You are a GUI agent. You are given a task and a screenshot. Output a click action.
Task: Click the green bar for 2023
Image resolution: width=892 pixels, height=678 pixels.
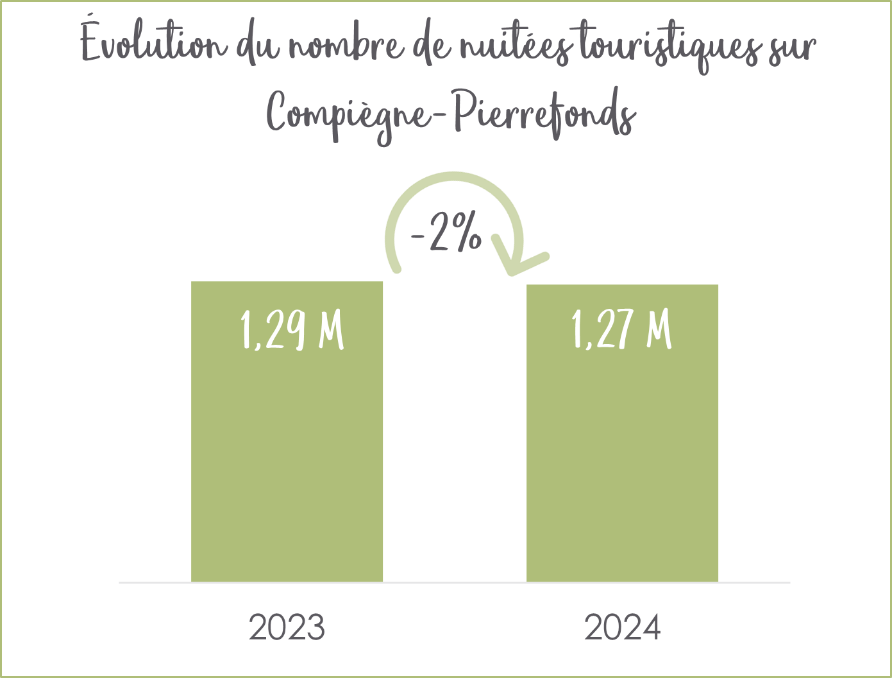[x=287, y=431]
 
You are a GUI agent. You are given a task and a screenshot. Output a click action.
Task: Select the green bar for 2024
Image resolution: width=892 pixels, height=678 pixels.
[x=622, y=433]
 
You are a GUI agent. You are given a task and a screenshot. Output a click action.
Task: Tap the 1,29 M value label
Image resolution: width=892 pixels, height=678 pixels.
[x=292, y=329]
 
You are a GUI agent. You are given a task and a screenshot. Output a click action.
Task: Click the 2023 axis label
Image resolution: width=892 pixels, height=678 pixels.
[x=287, y=627]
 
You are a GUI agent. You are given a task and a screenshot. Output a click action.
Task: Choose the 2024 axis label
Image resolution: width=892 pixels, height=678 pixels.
[x=622, y=627]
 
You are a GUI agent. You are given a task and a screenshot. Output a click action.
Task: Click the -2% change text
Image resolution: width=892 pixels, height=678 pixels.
[x=446, y=232]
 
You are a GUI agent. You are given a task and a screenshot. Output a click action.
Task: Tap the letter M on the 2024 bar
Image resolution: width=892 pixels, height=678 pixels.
[x=659, y=330]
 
